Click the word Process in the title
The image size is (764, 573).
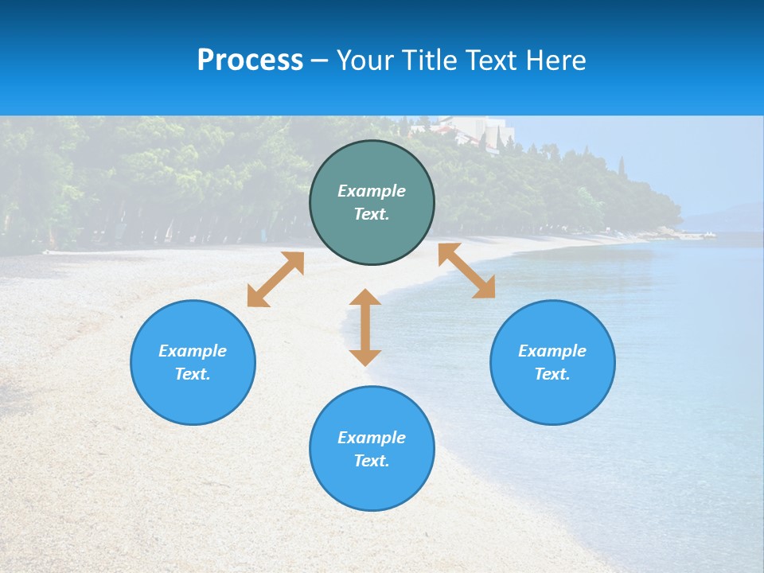click(250, 60)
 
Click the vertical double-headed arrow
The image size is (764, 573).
click(365, 327)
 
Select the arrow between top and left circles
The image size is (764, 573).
click(275, 279)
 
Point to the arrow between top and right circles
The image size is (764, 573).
click(466, 271)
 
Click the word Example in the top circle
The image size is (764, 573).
click(372, 191)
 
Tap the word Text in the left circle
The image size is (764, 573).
click(193, 374)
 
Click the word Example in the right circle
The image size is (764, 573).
click(552, 351)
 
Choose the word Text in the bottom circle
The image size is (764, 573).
click(372, 461)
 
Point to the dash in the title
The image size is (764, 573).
click(320, 60)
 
